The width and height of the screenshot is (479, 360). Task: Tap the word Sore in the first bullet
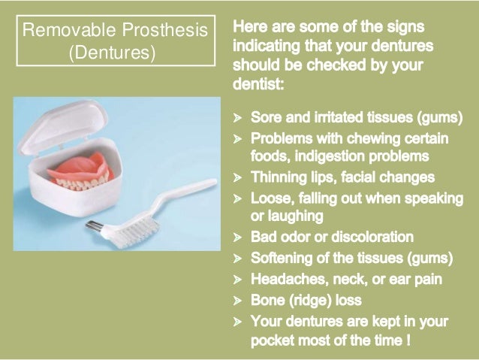(266, 119)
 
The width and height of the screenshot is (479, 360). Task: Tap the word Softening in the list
(281, 259)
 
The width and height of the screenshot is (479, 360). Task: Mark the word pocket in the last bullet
(270, 340)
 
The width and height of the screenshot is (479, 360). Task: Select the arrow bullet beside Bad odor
(237, 238)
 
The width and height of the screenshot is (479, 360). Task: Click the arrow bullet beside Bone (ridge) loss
(237, 301)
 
